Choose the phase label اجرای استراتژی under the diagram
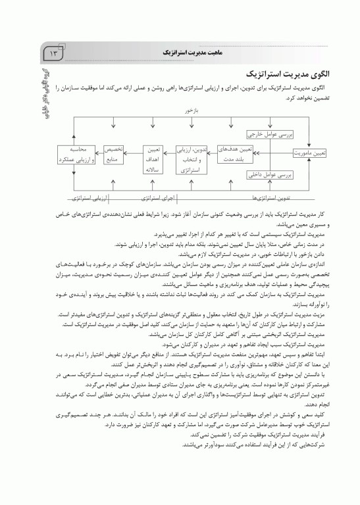tap(158, 197)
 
